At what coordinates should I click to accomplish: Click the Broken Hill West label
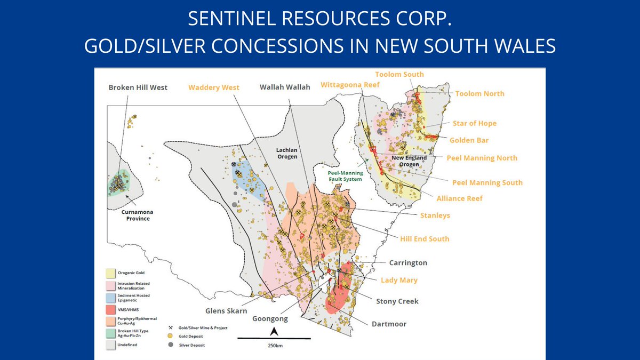pos(138,87)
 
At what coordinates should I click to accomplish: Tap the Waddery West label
pos(213,87)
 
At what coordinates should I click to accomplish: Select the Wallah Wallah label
pos(285,87)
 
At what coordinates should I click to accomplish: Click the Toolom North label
pos(479,94)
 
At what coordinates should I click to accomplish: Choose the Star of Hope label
pos(474,124)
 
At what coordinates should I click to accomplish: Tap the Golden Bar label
pos(469,140)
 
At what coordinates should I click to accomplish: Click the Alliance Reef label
pos(459,198)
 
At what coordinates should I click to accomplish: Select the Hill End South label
pos(425,238)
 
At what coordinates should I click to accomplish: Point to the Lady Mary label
pos(399,280)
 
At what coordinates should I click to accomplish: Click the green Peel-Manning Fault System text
pos(345,176)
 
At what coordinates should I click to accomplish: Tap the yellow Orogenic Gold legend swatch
pos(110,273)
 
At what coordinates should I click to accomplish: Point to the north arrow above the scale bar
pos(273,331)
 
